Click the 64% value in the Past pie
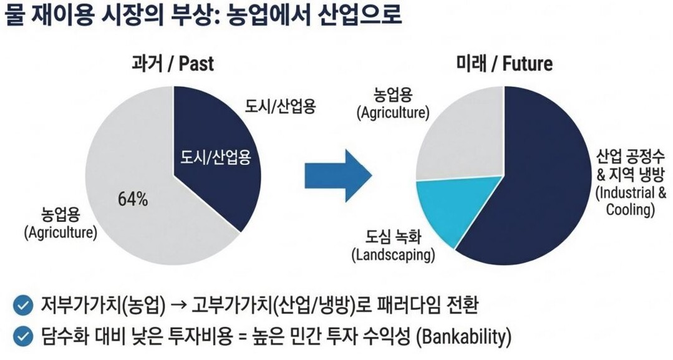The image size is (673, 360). coord(133,199)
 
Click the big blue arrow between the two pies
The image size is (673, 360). coord(338,175)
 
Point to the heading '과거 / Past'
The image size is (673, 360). coord(173,64)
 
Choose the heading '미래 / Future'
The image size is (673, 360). coord(505,64)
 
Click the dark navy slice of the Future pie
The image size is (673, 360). coord(545,180)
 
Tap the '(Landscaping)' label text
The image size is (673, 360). coord(393,255)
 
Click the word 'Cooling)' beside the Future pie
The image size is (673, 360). coord(631,210)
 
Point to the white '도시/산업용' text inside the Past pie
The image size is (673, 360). coord(215,158)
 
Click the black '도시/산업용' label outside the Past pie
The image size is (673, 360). coord(280,106)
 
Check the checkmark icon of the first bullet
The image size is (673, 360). coord(22,306)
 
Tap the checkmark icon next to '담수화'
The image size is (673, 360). coord(22,336)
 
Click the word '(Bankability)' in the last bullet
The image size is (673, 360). coord(464,337)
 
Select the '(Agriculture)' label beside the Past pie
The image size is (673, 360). coord(61,233)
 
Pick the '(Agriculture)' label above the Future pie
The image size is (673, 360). coord(393,112)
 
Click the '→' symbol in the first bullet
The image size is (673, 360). coord(178,306)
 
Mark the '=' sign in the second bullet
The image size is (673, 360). coord(243,337)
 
